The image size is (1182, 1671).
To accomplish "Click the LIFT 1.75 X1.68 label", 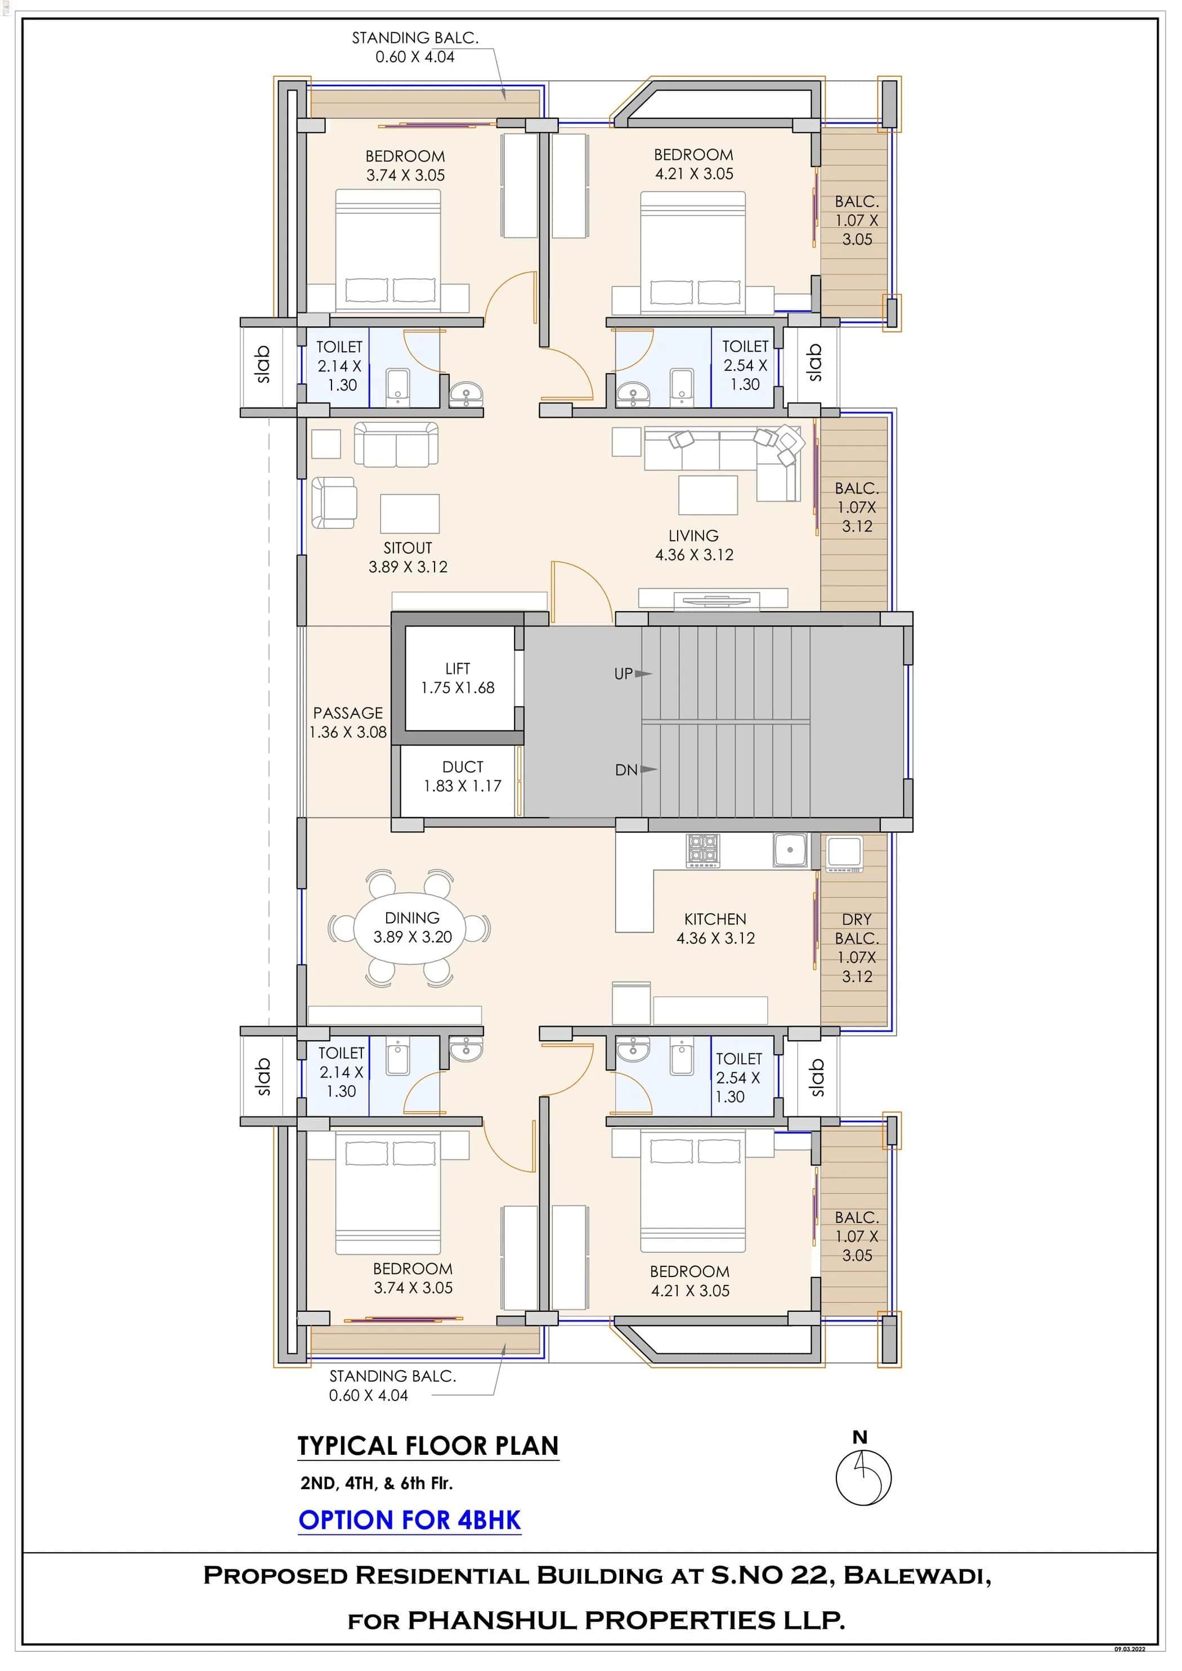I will click(x=457, y=678).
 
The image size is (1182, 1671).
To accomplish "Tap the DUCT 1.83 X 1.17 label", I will click(x=462, y=777).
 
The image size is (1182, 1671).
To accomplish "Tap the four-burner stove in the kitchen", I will click(x=702, y=851).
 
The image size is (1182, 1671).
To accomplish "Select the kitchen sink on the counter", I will click(x=790, y=850).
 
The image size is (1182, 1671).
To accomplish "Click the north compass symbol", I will click(x=863, y=1477).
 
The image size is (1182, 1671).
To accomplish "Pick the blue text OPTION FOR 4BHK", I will click(x=410, y=1520).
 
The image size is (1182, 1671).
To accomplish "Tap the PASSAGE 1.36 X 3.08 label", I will click(x=347, y=723).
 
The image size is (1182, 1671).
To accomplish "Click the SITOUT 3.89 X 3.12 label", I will click(x=408, y=558).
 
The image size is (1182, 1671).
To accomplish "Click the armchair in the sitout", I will click(x=333, y=502).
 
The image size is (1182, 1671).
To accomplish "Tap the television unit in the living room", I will click(x=712, y=600).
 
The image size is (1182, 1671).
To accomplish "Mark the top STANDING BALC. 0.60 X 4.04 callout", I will click(x=415, y=47).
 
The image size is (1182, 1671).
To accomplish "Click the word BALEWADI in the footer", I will click(x=916, y=1576).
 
